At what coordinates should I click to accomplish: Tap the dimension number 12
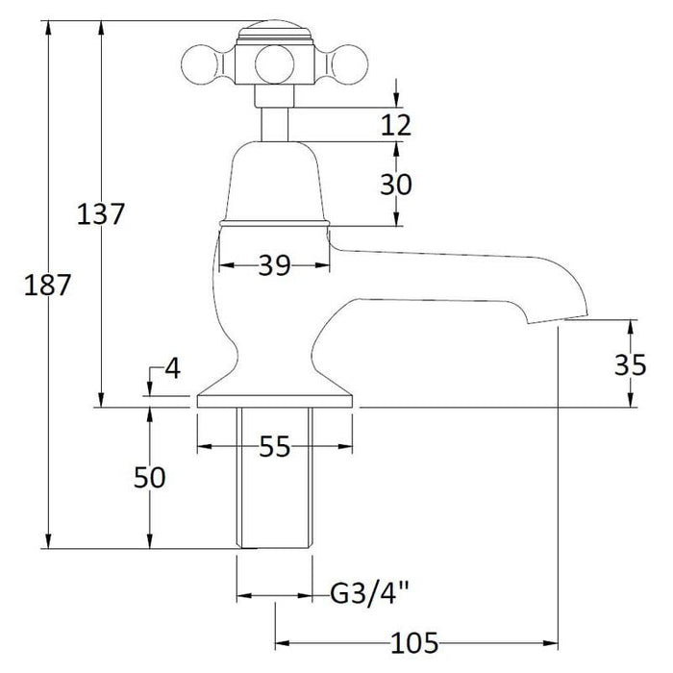[x=395, y=125]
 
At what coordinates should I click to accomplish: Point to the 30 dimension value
[x=395, y=184]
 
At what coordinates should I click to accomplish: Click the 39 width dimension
[x=274, y=267]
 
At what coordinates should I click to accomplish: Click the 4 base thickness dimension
[x=171, y=367]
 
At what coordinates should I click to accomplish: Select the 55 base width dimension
[x=274, y=446]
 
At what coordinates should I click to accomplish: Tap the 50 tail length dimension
[x=150, y=478]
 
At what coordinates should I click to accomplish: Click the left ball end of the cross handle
[x=198, y=66]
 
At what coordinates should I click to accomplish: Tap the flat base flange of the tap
[x=275, y=400]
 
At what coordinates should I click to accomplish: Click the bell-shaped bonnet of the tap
[x=274, y=183]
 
